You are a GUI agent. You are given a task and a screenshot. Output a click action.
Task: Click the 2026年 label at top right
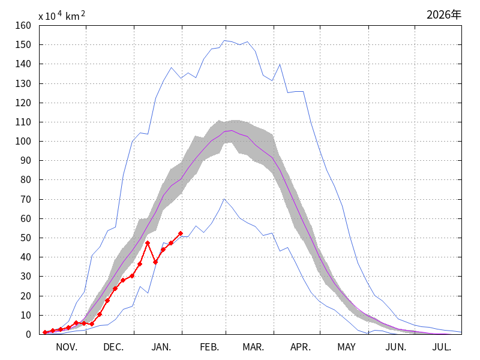point(444,14)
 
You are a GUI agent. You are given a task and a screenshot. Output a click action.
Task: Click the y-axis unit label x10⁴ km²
point(61,16)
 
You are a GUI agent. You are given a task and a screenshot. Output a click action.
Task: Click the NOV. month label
point(67,347)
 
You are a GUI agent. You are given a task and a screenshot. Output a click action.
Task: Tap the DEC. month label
point(113,347)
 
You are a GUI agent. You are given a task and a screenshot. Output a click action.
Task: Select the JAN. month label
point(161,347)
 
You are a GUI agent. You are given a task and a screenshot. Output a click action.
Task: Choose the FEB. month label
point(209,347)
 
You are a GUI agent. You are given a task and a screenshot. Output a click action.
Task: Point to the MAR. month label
point(253,347)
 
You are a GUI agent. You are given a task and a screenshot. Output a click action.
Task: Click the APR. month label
point(301,347)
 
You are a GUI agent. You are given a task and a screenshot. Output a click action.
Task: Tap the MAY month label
point(346,347)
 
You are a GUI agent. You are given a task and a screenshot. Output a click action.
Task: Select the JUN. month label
point(395,347)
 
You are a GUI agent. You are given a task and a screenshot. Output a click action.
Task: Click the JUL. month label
point(442,347)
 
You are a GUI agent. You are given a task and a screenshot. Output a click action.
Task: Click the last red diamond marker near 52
point(180,233)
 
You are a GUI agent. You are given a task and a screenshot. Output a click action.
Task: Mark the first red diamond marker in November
point(45,332)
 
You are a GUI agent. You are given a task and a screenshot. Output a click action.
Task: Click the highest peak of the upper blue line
point(224,41)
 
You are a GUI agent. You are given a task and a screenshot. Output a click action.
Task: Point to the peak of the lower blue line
point(224,199)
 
